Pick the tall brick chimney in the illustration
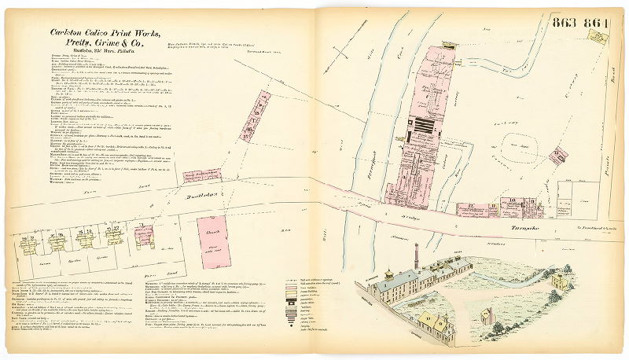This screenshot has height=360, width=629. [417, 255]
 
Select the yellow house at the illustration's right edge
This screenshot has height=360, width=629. [561, 280]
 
